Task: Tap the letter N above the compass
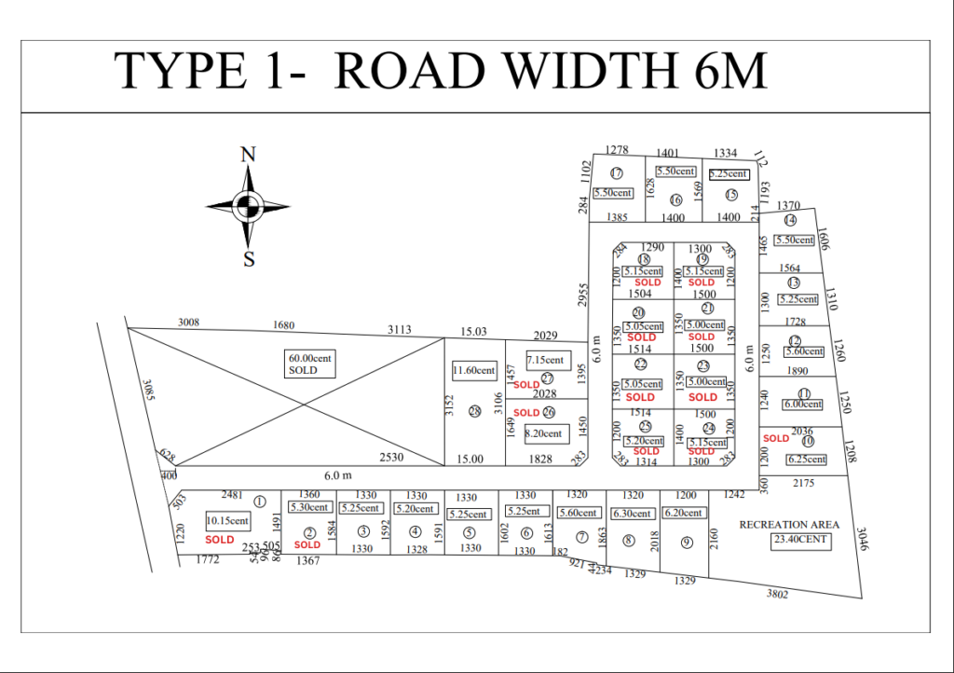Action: point(248,155)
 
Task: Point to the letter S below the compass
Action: point(249,260)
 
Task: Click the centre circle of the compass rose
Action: point(248,206)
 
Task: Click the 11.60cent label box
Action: point(473,370)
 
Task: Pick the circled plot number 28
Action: point(474,411)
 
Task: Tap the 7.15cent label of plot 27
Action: point(545,360)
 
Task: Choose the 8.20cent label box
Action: point(545,433)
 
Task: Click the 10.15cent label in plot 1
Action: point(228,521)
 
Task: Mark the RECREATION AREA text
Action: point(789,525)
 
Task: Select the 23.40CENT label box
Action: point(798,540)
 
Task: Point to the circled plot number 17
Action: point(617,172)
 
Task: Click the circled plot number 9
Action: point(687,543)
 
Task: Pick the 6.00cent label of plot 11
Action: point(802,405)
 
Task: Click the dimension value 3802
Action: point(777,593)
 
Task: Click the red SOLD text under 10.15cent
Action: point(220,540)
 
